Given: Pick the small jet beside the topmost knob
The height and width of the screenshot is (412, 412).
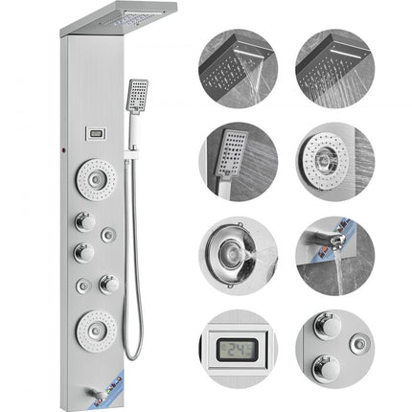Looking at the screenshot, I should (x=110, y=233).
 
